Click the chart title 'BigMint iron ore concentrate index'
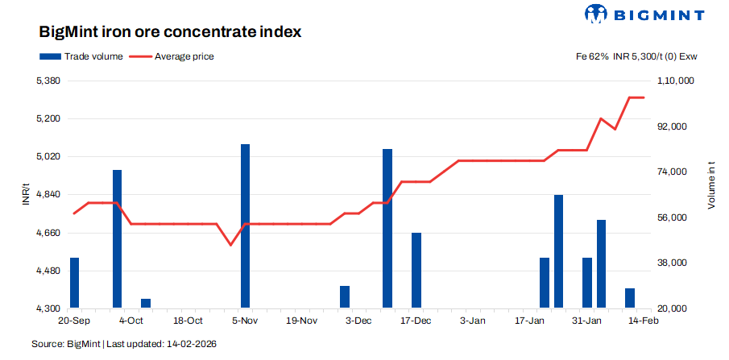pos(170,33)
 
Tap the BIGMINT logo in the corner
pos(644,14)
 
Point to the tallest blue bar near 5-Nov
pos(245,226)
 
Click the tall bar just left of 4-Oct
pos(117,238)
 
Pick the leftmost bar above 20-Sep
pos(75,282)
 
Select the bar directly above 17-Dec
pos(416,270)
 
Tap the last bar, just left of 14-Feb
pos(630,297)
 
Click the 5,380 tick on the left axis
pos(49,81)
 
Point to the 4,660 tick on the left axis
pos(49,233)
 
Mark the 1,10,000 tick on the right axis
pos(676,81)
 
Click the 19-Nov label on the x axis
pos(303,321)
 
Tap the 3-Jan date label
pos(473,321)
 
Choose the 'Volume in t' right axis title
pos(711,186)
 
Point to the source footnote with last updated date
pos(124,344)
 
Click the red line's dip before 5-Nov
pos(231,244)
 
